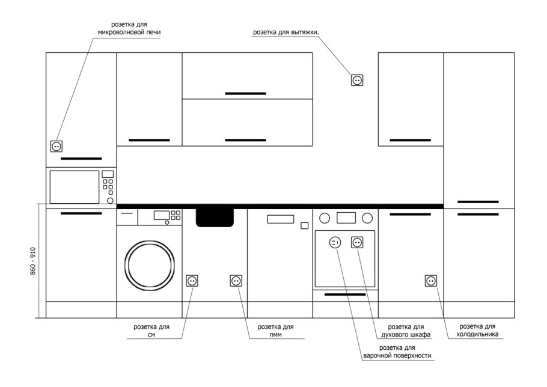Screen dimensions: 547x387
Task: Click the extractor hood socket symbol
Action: pos(357,80)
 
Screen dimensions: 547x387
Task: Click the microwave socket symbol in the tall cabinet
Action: pos(57,146)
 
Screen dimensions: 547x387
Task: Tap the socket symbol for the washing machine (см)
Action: pos(192,281)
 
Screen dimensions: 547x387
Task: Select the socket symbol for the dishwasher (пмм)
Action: pos(236,281)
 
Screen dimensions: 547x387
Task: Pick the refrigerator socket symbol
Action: pos(431,281)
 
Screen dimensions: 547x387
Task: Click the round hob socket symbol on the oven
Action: pos(335,242)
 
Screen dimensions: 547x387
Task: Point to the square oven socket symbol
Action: pos(357,242)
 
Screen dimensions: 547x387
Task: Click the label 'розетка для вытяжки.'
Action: pos(286,32)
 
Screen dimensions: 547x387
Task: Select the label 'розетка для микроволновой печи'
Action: pos(129,28)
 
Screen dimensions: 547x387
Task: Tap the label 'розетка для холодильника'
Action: pos(477,330)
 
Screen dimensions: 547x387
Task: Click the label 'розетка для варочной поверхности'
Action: pos(397,352)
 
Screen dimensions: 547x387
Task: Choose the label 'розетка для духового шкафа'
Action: pos(406,331)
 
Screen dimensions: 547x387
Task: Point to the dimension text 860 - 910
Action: pos(33,261)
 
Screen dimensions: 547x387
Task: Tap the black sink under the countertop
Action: pos(215,218)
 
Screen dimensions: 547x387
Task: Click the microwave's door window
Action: pos(75,187)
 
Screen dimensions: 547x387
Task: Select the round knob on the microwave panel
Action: pos(110,201)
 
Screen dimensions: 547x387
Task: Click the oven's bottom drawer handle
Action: pos(345,294)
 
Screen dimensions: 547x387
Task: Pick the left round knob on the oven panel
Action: pos(325,218)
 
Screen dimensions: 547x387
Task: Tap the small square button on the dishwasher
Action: pos(305,225)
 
